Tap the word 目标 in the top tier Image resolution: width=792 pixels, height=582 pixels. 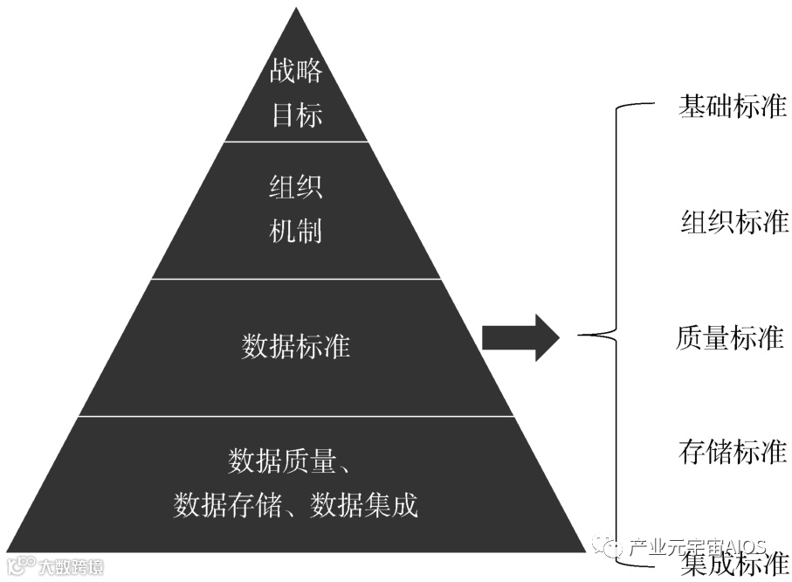click(296, 114)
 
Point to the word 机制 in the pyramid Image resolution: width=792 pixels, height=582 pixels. click(296, 231)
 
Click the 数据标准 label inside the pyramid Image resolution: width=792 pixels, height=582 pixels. click(296, 346)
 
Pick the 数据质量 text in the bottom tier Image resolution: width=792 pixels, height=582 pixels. click(282, 461)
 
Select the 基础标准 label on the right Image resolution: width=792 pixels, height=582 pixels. click(732, 107)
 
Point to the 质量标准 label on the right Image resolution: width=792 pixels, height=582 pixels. click(730, 337)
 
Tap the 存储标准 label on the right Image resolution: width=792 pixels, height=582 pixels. click(733, 451)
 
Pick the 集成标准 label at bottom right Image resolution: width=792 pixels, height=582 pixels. click(733, 565)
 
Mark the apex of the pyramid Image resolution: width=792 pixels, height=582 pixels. click(297, 10)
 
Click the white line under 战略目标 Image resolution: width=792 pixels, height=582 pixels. click(296, 141)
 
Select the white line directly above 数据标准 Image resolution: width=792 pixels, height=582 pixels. click(296, 279)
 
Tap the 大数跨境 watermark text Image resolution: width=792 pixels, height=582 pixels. click(70, 567)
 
